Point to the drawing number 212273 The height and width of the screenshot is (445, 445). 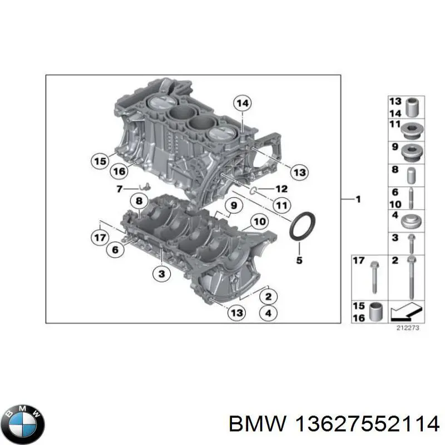click(x=407, y=328)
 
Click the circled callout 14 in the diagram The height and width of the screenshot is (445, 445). click(x=242, y=103)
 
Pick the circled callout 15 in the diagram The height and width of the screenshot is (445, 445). click(x=99, y=161)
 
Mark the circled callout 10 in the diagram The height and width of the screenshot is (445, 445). click(x=260, y=222)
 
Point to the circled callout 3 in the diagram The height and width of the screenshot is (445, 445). click(x=161, y=273)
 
